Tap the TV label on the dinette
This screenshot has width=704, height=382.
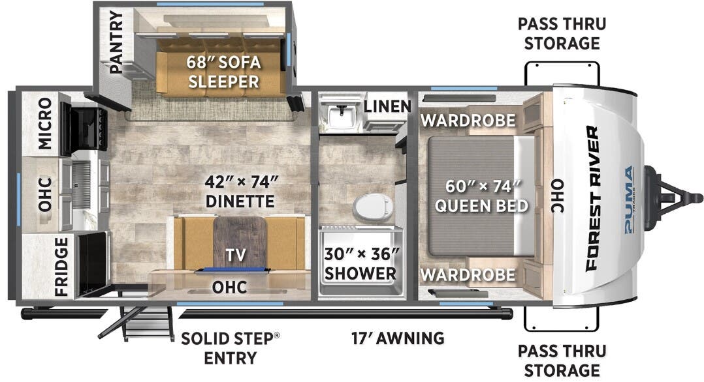236,256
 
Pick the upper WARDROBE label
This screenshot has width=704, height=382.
468,120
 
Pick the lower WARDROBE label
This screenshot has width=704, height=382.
468,274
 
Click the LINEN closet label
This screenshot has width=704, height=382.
387,106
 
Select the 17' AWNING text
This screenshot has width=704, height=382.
396,338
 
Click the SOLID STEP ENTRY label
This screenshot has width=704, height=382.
230,347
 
